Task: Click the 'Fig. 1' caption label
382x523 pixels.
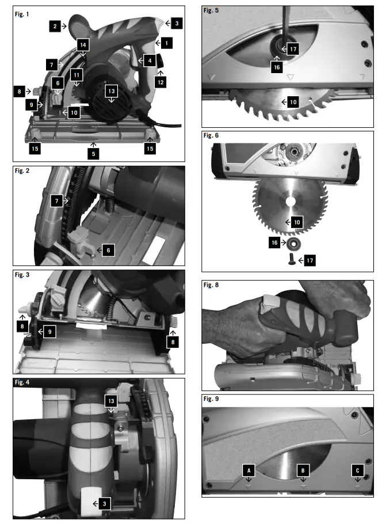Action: click(x=22, y=13)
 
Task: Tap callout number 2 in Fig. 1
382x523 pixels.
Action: click(x=55, y=25)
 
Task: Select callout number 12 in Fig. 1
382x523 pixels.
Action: click(x=160, y=82)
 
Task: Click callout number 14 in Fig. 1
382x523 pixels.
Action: click(x=83, y=44)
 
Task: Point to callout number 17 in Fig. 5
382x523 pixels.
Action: click(x=293, y=50)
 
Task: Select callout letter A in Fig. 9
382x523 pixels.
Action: click(x=249, y=470)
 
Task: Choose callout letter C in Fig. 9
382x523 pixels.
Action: click(x=357, y=470)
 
